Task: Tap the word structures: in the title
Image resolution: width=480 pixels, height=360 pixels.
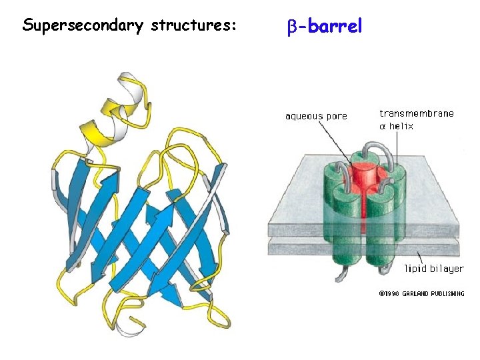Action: click(194, 26)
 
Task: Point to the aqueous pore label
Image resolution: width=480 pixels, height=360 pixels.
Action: click(316, 116)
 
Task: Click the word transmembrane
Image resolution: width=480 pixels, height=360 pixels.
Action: click(417, 113)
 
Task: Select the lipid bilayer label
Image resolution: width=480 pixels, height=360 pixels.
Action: click(434, 269)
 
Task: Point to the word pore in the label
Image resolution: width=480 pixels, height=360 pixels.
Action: click(336, 116)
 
